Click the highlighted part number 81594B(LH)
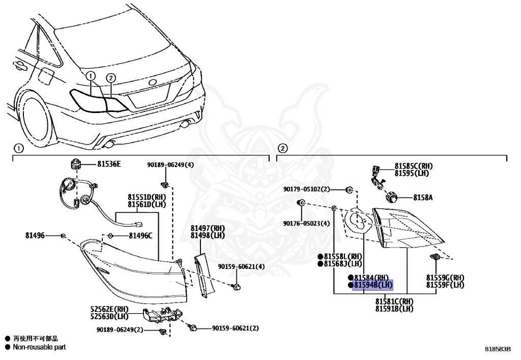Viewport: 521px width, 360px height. pyautogui.click(x=373, y=285)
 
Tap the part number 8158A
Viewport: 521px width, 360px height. pyautogui.click(x=422, y=197)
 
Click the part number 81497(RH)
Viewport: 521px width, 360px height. pyautogui.click(x=208, y=228)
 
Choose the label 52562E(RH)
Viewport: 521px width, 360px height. pyautogui.click(x=110, y=310)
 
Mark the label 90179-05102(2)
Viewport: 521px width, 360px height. pyautogui.click(x=307, y=189)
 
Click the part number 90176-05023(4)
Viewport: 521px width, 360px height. pyautogui.click(x=307, y=223)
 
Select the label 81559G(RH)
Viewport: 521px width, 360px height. pyautogui.click(x=445, y=278)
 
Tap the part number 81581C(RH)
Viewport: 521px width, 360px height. pyautogui.click(x=394, y=301)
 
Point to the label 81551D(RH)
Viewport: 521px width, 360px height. pyautogui.click(x=148, y=197)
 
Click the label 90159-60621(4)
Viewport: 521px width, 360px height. pyautogui.click(x=241, y=266)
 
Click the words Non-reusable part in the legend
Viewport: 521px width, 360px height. pyautogui.click(x=39, y=347)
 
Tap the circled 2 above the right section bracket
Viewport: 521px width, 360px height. pyautogui.click(x=283, y=148)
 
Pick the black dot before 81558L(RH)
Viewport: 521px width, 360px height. pyautogui.click(x=321, y=257)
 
